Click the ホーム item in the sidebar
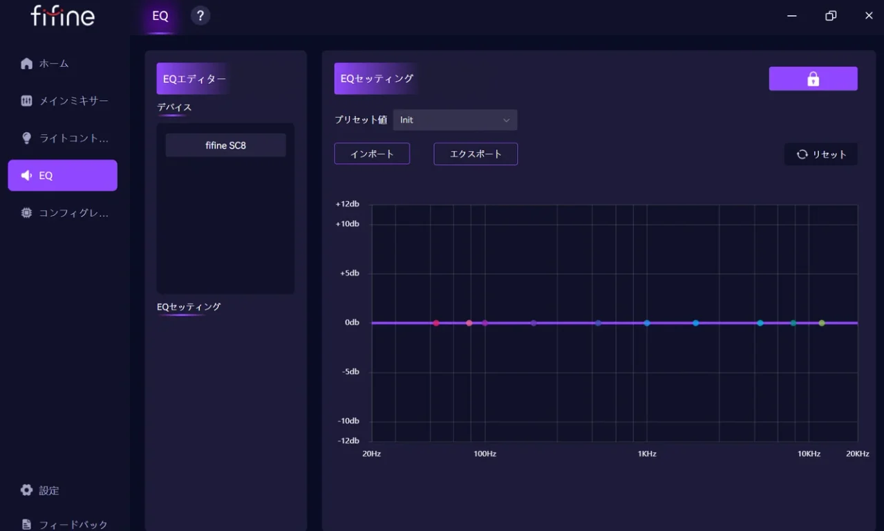[45, 64]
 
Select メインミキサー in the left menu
[64, 101]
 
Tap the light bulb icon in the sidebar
[26, 138]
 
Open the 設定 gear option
[40, 490]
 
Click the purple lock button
[813, 79]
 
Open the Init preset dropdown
[455, 120]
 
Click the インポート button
[372, 153]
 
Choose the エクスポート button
[476, 153]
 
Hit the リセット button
[821, 154]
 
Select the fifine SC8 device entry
[226, 145]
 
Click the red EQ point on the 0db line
[436, 323]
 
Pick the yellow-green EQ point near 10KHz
[822, 323]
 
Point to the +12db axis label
[347, 204]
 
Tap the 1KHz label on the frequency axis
[647, 454]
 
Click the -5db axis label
[350, 371]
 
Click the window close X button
[869, 15]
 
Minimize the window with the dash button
[791, 16]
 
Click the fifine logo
[63, 16]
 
